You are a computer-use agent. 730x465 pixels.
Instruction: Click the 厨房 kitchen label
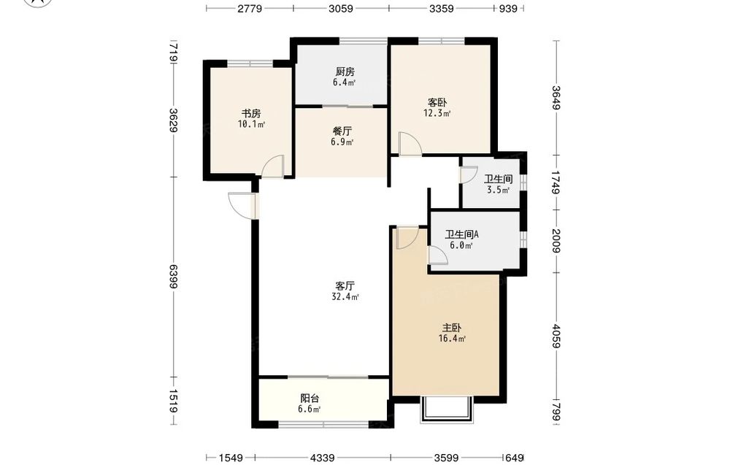tap(345, 72)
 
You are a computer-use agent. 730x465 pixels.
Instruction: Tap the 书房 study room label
tap(250, 114)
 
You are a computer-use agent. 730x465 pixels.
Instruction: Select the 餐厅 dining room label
tap(342, 131)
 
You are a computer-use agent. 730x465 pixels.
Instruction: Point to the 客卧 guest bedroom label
tap(437, 102)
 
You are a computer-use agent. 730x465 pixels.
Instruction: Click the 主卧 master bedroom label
tap(451, 328)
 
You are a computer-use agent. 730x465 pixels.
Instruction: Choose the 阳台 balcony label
tap(310, 399)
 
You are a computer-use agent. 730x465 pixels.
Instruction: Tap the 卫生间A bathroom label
tap(461, 234)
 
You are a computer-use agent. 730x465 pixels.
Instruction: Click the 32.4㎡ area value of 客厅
tap(345, 297)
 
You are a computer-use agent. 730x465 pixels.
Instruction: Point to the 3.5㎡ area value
tap(498, 190)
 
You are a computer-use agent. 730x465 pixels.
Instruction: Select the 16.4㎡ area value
tap(452, 339)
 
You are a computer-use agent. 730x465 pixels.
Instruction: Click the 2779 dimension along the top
tap(250, 8)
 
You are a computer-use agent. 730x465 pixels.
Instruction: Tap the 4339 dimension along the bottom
tap(322, 458)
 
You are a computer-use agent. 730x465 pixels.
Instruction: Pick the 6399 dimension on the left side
tap(173, 277)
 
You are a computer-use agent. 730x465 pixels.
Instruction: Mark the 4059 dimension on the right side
tap(556, 336)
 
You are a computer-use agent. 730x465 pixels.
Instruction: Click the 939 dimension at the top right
tap(508, 8)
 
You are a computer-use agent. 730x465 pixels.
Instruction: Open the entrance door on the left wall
tap(242, 205)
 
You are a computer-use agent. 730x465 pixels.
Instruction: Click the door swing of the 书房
tap(272, 166)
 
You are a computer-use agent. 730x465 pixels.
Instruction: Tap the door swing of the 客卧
tap(410, 143)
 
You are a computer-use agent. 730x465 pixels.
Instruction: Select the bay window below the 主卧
tap(447, 410)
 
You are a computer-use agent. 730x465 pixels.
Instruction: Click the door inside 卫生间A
tap(438, 255)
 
